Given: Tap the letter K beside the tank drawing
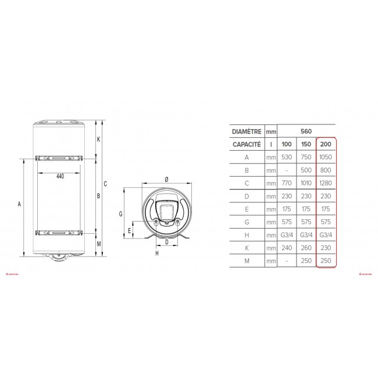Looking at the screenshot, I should tap(98, 139).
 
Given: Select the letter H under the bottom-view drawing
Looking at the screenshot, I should tap(157, 253).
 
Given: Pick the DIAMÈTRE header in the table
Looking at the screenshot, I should tap(245, 131).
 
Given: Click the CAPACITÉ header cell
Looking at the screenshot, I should tap(245, 144).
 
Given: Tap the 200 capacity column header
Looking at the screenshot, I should tap(326, 144).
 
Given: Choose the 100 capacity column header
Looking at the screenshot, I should tap(286, 144).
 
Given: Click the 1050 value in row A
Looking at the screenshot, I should tap(326, 156).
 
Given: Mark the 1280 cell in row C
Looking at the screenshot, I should tap(326, 183).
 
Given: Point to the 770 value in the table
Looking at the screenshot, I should tap(286, 183).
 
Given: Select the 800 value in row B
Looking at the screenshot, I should tap(326, 170).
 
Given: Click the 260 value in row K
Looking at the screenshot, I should tap(306, 248).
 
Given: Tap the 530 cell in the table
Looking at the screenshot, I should tap(286, 156).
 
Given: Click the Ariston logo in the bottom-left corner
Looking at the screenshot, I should tap(12, 271).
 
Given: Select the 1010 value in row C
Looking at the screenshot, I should tap(306, 183).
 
